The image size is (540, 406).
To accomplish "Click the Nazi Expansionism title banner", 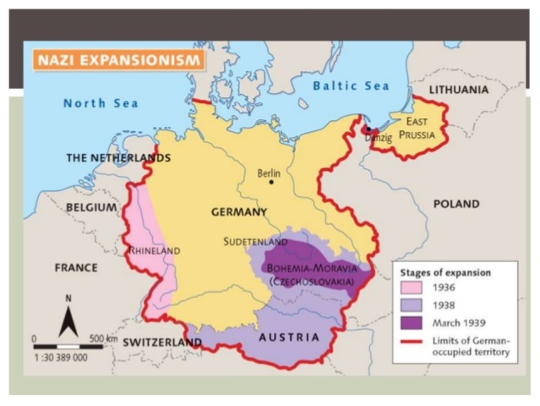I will tap(117, 60).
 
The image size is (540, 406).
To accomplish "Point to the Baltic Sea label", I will tap(351, 86).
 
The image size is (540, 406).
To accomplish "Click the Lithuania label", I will tap(459, 89).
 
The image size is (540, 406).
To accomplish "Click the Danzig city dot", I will tap(368, 129).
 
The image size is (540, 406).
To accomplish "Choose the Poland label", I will tap(455, 204).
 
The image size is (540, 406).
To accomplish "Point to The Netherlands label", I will tap(118, 158).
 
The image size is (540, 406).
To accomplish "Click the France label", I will tap(76, 267).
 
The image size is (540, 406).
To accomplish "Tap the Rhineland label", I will tap(155, 250).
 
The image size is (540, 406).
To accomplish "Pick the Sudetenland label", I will tap(256, 242).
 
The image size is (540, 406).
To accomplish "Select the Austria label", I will tap(289, 337).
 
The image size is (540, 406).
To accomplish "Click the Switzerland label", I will tap(162, 343).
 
